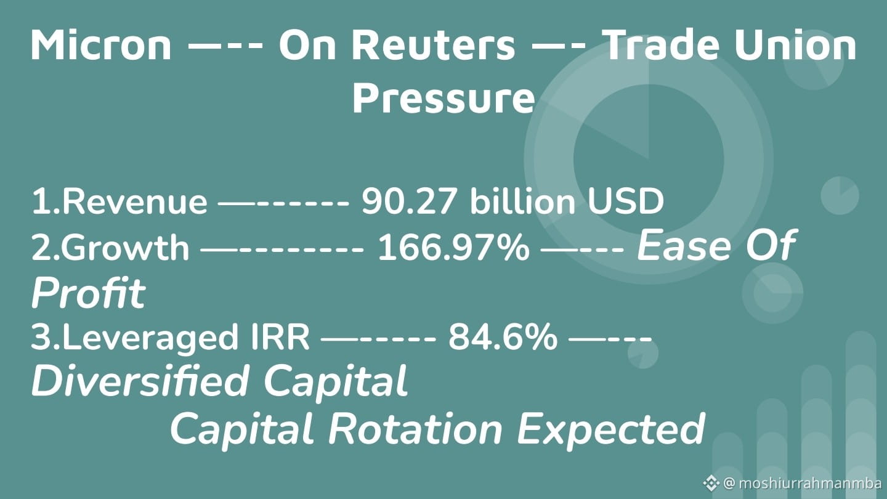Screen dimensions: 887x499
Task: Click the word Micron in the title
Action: tap(101, 45)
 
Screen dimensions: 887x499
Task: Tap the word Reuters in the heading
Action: tap(434, 45)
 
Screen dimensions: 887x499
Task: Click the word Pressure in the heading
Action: tap(443, 99)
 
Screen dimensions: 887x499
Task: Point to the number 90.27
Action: tap(408, 202)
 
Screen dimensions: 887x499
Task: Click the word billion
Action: tap(523, 201)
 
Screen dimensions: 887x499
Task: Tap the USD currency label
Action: tap(626, 202)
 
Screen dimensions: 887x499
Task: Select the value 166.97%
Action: tap(454, 248)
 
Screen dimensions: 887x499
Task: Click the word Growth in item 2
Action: tap(124, 248)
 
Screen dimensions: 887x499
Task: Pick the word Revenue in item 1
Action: tap(135, 202)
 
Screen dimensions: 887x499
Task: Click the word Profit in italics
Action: tap(88, 293)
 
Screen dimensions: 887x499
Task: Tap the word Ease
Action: tap(684, 246)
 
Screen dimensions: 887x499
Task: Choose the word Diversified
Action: tap(139, 381)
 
